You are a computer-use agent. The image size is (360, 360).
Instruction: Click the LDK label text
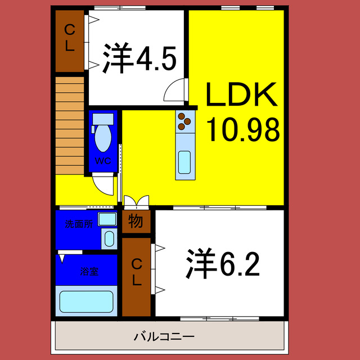pyautogui.click(x=242, y=96)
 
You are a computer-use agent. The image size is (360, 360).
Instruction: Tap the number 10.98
pyautogui.click(x=243, y=130)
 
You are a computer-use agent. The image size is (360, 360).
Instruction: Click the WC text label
pyautogui.click(x=102, y=160)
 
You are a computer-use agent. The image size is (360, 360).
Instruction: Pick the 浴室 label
pyautogui.click(x=89, y=272)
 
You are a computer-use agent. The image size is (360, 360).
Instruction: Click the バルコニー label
pyautogui.click(x=164, y=337)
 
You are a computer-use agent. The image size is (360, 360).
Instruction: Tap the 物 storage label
pyautogui.click(x=136, y=221)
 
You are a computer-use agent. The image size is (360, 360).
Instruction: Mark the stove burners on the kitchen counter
pyautogui.click(x=184, y=121)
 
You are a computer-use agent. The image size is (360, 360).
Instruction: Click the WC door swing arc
pyautogui.click(x=103, y=183)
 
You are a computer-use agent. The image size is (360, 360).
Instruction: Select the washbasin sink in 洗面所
pyautogui.click(x=108, y=238)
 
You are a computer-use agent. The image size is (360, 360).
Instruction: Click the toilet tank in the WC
pyautogui.click(x=103, y=119)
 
